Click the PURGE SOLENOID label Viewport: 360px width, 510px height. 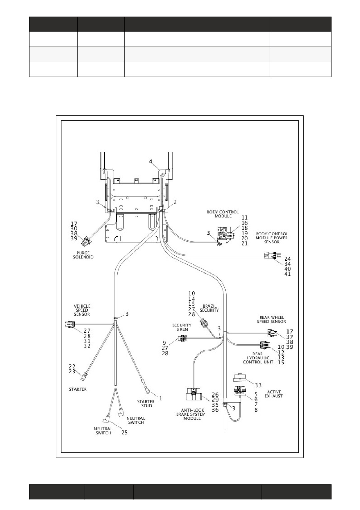pos(83,255)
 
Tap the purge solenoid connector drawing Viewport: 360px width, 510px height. pos(87,241)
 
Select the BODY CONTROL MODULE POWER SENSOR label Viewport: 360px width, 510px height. pos(272,238)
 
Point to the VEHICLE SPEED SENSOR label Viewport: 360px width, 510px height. pos(82,310)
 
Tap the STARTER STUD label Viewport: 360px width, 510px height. pos(146,404)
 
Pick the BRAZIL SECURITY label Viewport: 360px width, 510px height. pos(209,308)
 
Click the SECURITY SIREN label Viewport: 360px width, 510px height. pos(182,327)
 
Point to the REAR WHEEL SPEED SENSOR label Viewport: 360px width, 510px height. pos(271,319)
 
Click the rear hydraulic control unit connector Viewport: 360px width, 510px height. pos(265,345)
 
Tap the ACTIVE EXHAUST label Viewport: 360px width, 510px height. pos(274,394)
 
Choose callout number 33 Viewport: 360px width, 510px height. pos(258,385)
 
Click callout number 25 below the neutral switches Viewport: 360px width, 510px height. pos(124,432)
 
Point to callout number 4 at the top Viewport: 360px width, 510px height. pos(151,161)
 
